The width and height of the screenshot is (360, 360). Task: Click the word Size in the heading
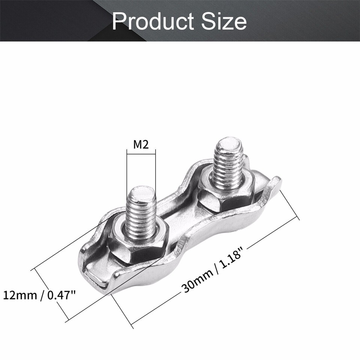pos(225,21)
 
